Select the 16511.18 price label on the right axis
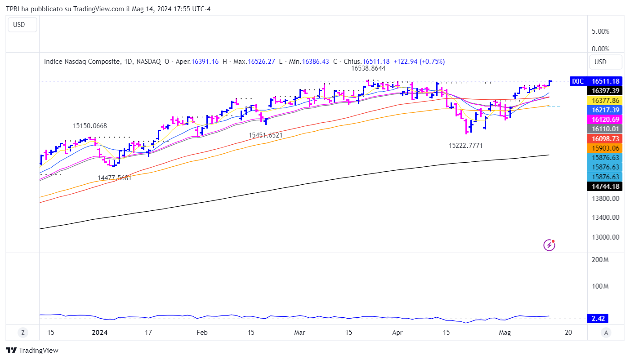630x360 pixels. (606, 81)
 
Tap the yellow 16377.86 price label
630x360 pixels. (606, 101)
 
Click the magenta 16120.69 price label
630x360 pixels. (606, 120)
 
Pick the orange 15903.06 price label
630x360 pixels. (606, 148)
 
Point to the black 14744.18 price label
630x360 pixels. (606, 186)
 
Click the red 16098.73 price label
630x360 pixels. (606, 138)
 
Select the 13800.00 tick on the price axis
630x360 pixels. (606, 198)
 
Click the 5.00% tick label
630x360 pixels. (600, 31)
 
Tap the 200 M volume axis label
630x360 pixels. (600, 260)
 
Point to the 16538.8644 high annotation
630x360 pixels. (368, 69)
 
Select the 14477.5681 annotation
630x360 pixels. (115, 178)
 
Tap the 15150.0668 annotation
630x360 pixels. (90, 126)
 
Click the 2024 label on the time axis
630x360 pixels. (99, 333)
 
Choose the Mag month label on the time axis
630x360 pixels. (505, 333)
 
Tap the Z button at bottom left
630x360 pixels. (22, 333)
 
